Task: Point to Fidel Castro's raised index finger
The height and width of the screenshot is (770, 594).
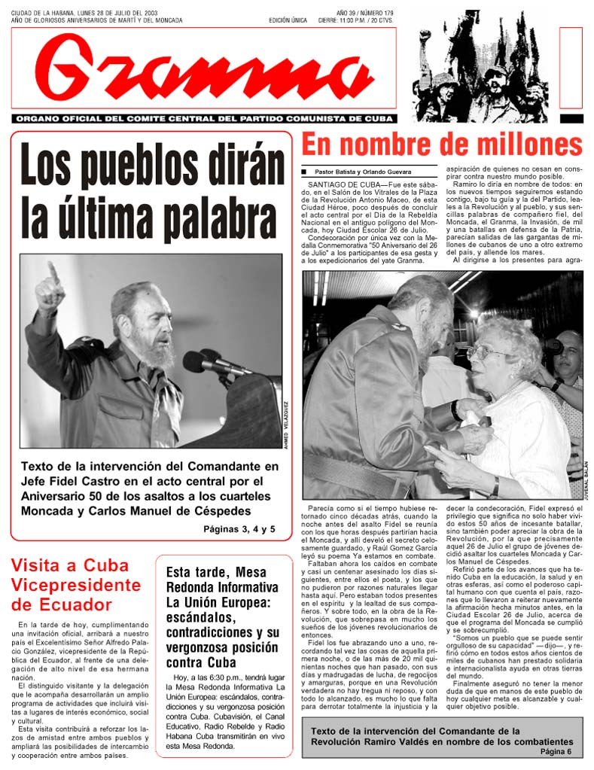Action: click(53, 269)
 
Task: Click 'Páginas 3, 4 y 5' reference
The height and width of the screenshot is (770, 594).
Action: click(239, 529)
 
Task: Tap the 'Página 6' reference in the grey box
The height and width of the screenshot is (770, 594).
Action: click(556, 752)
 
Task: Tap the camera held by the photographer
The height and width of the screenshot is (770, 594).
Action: click(553, 347)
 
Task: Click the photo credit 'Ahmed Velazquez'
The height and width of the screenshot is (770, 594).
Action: click(286, 426)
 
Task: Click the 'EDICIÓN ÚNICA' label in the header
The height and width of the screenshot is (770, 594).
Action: click(288, 20)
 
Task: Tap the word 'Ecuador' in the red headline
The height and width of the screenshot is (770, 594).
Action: click(76, 604)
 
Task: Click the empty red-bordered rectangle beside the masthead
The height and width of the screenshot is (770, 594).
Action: click(571, 68)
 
